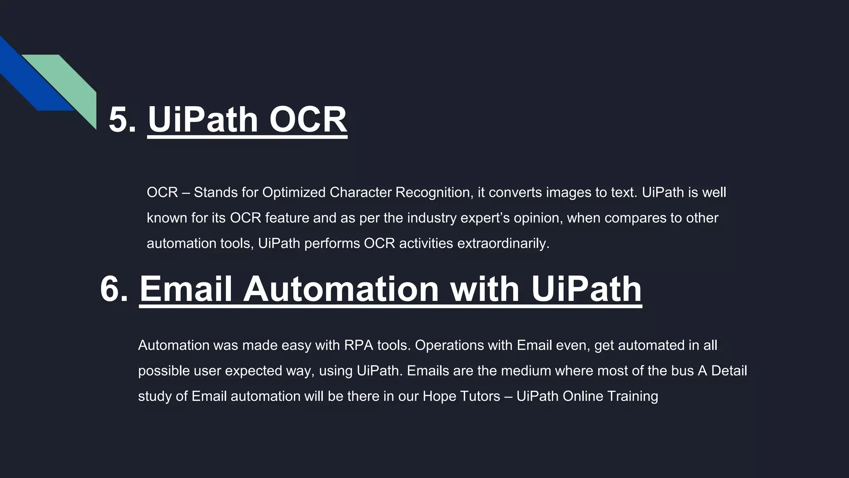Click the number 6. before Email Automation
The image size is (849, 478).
pyautogui.click(x=114, y=289)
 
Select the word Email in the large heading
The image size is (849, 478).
pyautogui.click(x=185, y=289)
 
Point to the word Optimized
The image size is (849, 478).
pyautogui.click(x=294, y=193)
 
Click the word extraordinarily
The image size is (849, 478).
pyautogui.click(x=503, y=243)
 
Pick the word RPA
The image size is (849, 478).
pyautogui.click(x=359, y=345)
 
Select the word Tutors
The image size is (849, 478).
pyautogui.click(x=480, y=396)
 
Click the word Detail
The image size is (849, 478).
pyautogui.click(x=729, y=371)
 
